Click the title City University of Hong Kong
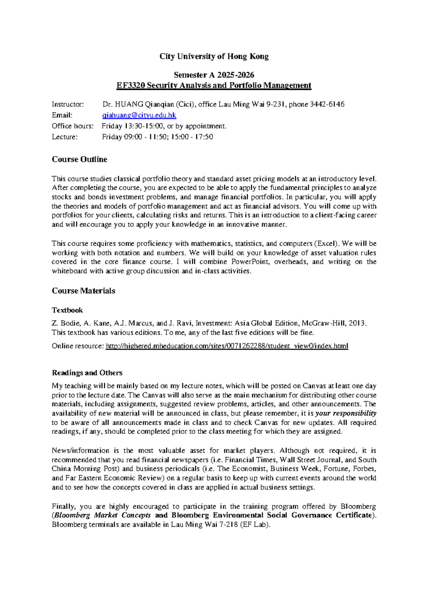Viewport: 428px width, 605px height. (214, 56)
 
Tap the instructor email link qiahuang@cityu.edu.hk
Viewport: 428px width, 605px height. (139, 115)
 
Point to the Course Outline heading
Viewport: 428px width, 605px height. (80, 159)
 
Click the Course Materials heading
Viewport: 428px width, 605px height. (83, 291)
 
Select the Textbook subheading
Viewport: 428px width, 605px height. (67, 310)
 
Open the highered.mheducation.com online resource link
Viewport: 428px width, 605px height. (227, 346)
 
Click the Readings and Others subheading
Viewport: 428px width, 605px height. (87, 373)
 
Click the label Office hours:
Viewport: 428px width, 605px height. (72, 126)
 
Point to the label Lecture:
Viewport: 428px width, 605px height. (65, 137)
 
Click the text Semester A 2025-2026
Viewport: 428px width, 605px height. (214, 75)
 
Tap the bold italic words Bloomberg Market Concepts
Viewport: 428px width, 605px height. (102, 515)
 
